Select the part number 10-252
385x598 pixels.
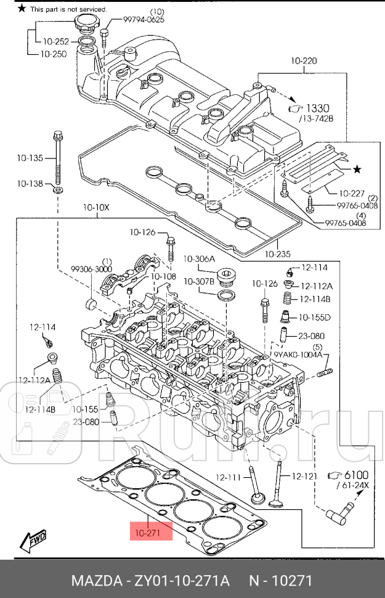coord(56,41)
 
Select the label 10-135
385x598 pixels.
coord(30,158)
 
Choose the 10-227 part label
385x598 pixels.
coord(352,194)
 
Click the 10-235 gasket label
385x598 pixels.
coord(277,253)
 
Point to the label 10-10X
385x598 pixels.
coord(95,208)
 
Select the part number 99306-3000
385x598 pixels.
coord(91,269)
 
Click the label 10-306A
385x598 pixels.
coord(199,258)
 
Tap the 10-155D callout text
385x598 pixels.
coord(315,317)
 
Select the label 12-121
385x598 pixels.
coord(304,476)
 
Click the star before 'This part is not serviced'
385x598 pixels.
coord(22,9)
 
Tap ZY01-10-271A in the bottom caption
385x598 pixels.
coord(177,581)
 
